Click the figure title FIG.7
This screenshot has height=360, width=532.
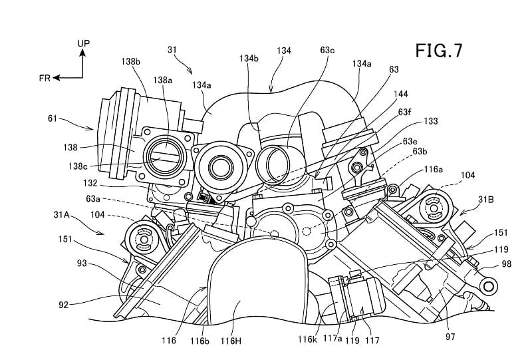[x=439, y=51]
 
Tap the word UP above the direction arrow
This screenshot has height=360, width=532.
[x=84, y=43]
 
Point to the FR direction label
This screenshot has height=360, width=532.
[x=45, y=78]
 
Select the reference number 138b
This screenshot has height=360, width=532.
[x=130, y=61]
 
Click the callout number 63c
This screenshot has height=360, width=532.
[x=327, y=51]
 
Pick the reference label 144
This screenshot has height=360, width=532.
[x=401, y=94]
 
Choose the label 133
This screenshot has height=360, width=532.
[x=430, y=121]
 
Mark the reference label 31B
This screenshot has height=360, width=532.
[x=486, y=200]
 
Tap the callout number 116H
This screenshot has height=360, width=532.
[x=231, y=341]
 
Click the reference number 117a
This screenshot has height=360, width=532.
[x=332, y=339]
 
